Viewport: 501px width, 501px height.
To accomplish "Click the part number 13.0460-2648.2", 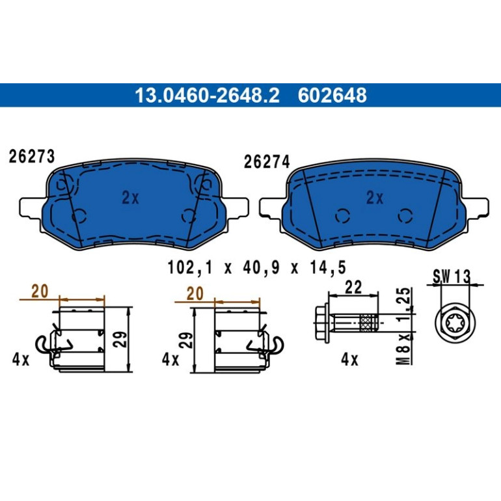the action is coord(207,95).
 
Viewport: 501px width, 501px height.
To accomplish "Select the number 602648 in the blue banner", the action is coord(332,95).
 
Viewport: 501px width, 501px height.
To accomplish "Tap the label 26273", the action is coord(32,157).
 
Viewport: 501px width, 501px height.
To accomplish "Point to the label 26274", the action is coord(267,161).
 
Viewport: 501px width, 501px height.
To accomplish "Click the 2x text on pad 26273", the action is coord(130,198).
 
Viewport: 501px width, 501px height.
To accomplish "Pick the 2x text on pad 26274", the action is coord(375,198).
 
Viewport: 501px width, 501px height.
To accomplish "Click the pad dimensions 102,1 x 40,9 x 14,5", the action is coord(257,267).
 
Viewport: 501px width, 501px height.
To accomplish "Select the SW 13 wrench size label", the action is coord(452,276).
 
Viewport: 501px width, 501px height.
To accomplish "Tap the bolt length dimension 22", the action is coord(353,287).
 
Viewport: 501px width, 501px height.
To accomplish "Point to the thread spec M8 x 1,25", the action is coord(405,326).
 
